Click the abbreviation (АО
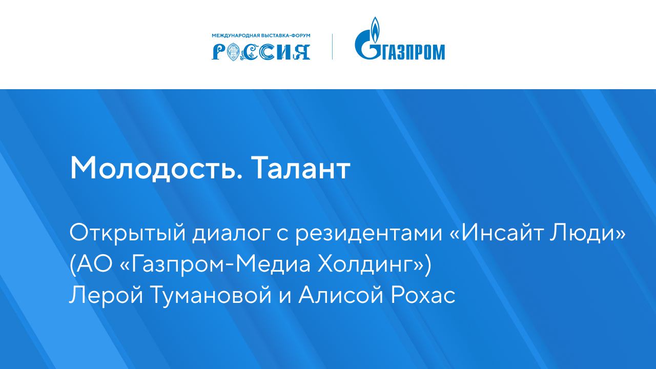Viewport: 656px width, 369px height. pos(87,265)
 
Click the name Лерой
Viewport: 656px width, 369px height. pos(99,296)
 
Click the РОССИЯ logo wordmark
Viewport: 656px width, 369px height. pos(261,51)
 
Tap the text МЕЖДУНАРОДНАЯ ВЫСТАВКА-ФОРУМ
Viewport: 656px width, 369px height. pos(261,36)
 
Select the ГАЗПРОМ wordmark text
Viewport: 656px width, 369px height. pos(414,52)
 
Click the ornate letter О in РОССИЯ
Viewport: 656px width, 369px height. pos(234,51)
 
